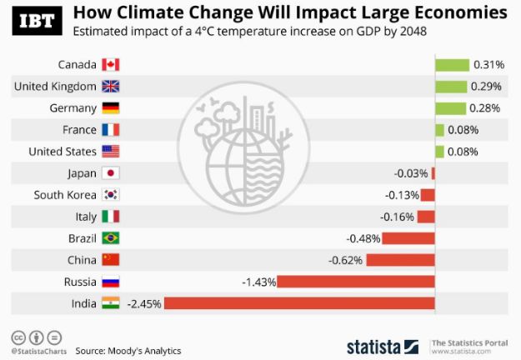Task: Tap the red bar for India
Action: (299, 303)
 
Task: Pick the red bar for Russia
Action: (356, 282)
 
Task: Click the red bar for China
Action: (401, 260)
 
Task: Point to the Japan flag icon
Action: (111, 173)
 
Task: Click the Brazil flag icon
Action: (111, 238)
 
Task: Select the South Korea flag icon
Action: (111, 195)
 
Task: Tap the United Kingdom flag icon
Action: (111, 86)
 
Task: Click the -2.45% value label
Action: (143, 303)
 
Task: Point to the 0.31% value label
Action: (487, 64)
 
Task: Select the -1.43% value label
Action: (258, 282)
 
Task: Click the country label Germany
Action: (74, 107)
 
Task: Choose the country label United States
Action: (63, 152)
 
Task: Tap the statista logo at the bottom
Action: (383, 346)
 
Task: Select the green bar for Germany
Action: (451, 107)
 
